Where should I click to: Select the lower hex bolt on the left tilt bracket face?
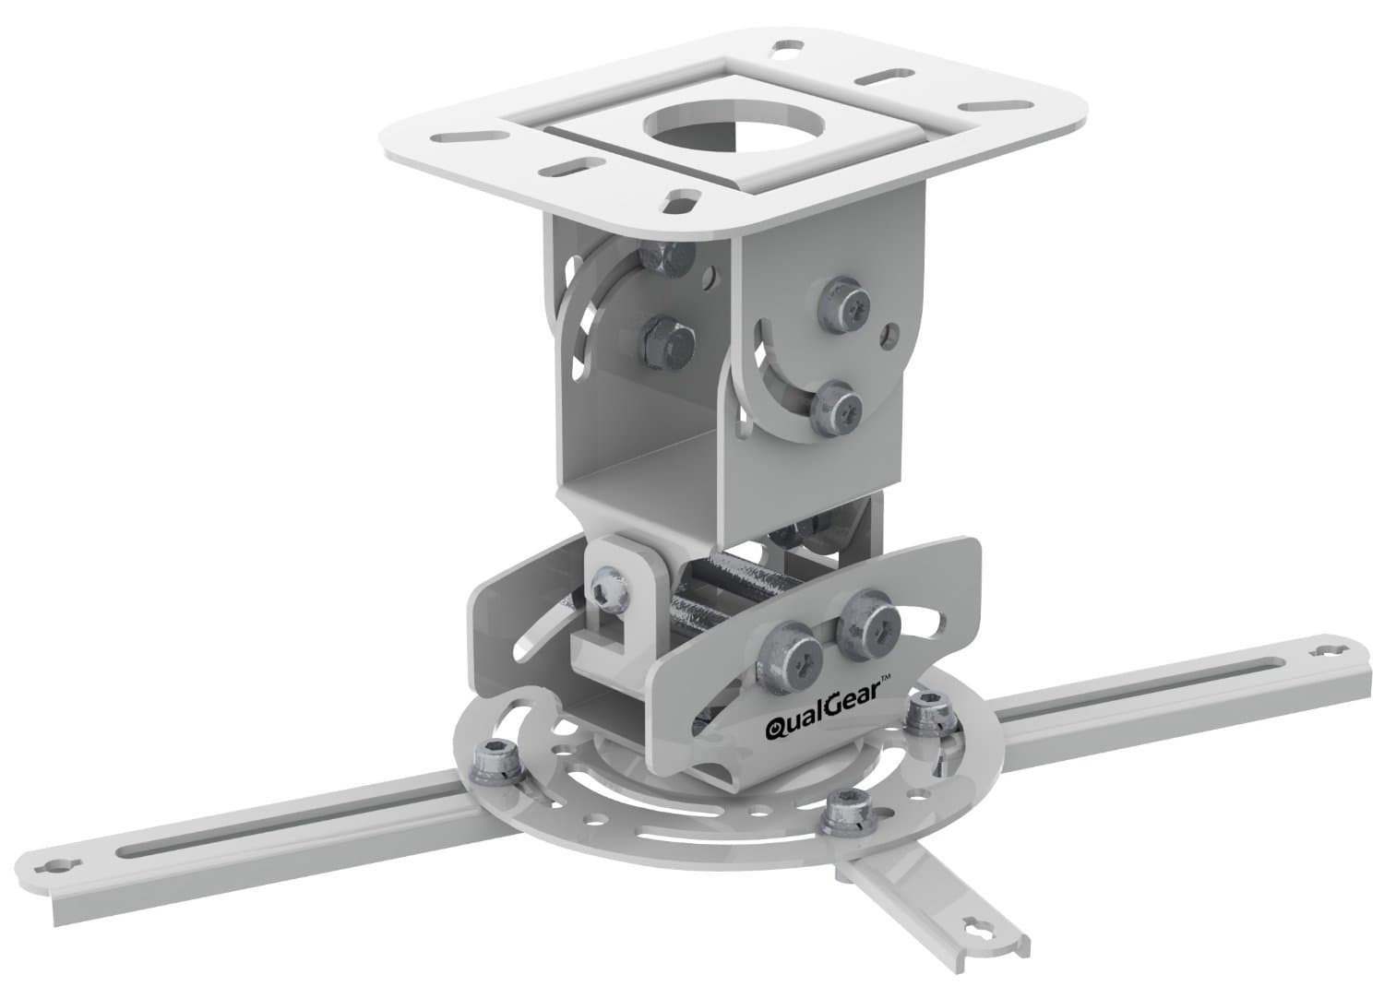664,337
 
